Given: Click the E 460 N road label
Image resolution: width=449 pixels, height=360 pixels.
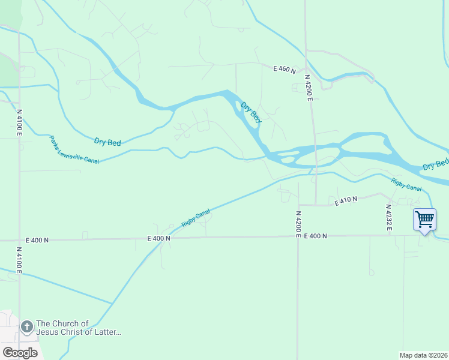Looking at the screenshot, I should coord(285,70).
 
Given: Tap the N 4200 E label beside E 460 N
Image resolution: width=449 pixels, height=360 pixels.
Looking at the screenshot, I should coord(309,88).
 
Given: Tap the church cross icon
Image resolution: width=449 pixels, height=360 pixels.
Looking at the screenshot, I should coord(26,327).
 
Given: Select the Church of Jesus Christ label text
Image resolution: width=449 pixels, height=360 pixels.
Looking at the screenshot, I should coord(79,328).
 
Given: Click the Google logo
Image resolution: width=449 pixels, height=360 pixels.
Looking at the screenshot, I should coord(20,352).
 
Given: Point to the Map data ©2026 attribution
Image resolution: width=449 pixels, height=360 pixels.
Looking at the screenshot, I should coord(423,355).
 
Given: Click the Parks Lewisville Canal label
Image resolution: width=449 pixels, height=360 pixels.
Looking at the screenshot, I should coord(74,149).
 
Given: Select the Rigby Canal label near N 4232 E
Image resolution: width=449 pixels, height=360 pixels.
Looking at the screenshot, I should coord(406,184).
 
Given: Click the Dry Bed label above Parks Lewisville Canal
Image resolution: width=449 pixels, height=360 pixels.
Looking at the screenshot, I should coord(107,142).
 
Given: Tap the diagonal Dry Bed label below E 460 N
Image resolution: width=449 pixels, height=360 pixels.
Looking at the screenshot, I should coord(251,113).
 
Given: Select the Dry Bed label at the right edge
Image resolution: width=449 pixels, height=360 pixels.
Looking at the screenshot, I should coord(435,164).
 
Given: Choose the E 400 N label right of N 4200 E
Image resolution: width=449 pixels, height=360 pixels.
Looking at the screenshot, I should coord(315,236).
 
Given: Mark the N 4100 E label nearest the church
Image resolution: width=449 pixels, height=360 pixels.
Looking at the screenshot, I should coord(19,260).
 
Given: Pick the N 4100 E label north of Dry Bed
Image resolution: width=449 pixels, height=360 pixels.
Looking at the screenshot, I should coord(19,122).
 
